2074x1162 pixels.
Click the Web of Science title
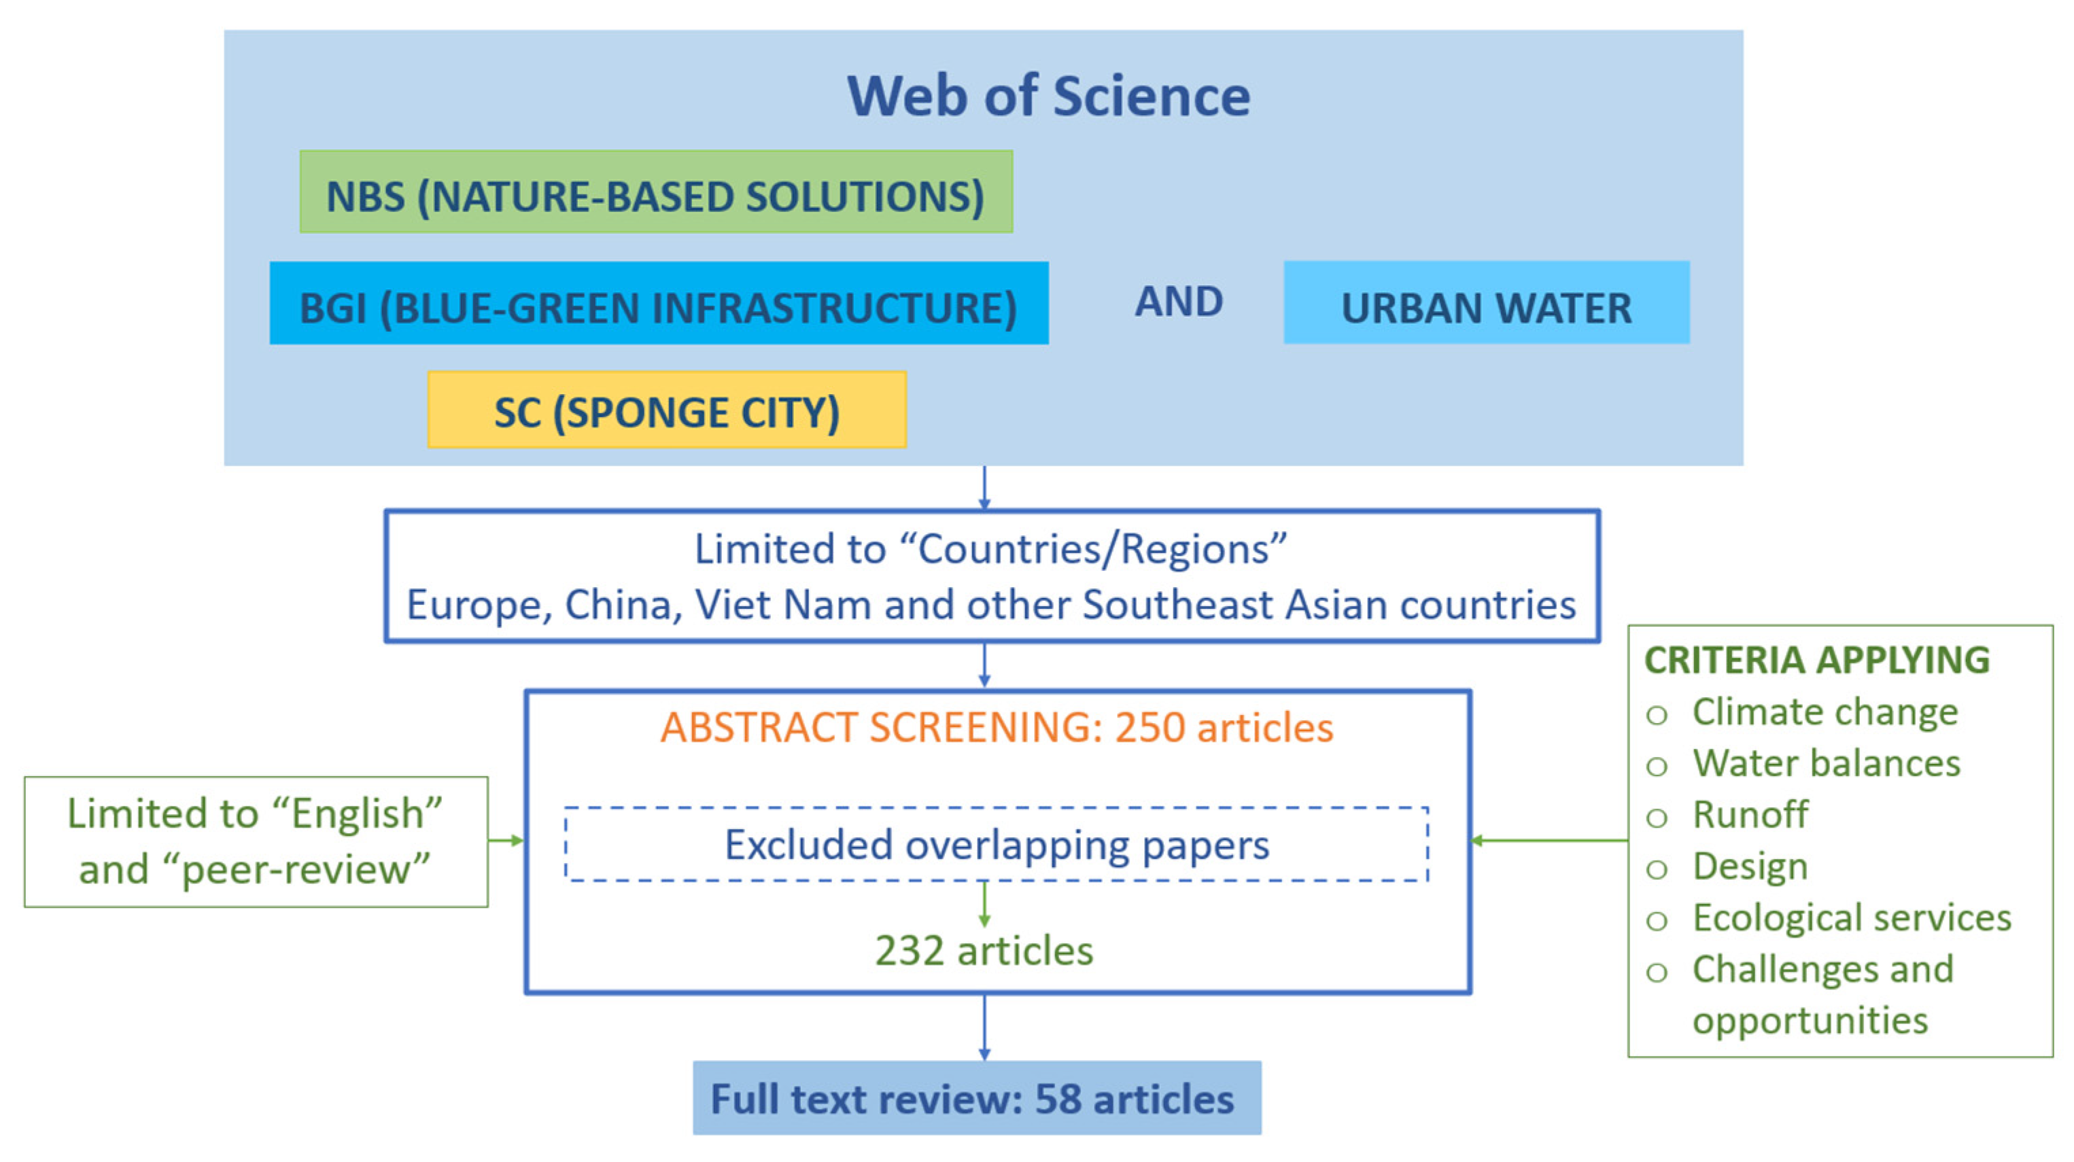[x=1048, y=96]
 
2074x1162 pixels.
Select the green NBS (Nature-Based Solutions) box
[x=655, y=192]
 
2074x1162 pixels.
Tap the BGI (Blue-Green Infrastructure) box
[x=659, y=303]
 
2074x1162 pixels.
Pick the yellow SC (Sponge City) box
[x=667, y=410]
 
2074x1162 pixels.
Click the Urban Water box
[x=1486, y=303]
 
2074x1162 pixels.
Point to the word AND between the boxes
[x=1179, y=302]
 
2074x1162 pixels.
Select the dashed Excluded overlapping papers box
[x=997, y=844]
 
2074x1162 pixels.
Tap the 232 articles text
[x=984, y=951]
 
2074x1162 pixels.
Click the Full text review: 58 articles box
[x=977, y=1098]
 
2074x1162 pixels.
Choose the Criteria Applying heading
[x=1816, y=660]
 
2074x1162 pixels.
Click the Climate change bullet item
[x=1825, y=712]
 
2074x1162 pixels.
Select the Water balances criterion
[x=1826, y=764]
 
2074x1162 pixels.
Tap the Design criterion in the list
[x=1750, y=866]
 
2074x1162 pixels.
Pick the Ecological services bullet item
[x=1851, y=918]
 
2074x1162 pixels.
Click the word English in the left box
[x=357, y=813]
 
